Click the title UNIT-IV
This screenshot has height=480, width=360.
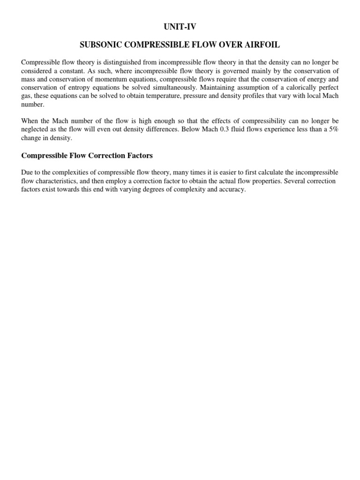pos(180,27)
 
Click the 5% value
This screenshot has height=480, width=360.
pos(331,130)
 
